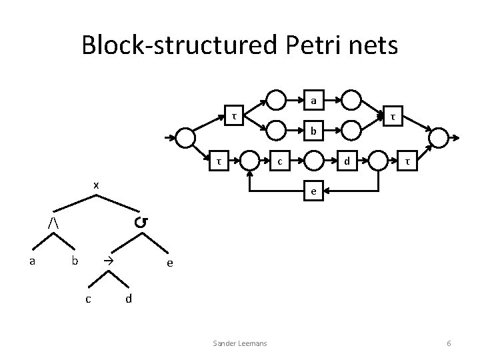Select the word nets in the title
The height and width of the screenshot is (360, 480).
(x=374, y=45)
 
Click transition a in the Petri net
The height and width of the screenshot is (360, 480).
(x=312, y=101)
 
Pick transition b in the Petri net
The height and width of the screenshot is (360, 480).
(x=312, y=130)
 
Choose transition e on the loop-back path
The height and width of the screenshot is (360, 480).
(x=312, y=191)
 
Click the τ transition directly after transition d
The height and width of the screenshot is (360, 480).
(x=407, y=160)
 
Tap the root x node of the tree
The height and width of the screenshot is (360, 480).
(x=96, y=185)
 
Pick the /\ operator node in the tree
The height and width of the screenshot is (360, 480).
(x=53, y=221)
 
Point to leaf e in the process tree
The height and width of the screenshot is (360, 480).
(x=170, y=263)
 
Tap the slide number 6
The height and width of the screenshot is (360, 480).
(x=449, y=343)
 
